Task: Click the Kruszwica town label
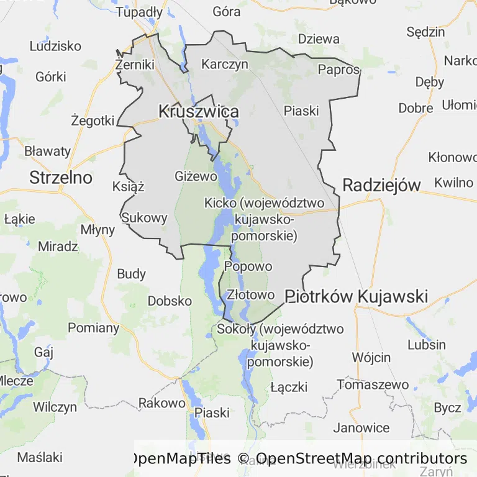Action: pyautogui.click(x=199, y=112)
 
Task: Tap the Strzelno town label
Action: pyautogui.click(x=61, y=178)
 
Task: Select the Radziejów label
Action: pyautogui.click(x=381, y=184)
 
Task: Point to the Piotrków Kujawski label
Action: pyautogui.click(x=356, y=296)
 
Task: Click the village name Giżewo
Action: pyautogui.click(x=196, y=176)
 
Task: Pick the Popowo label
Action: pyautogui.click(x=248, y=266)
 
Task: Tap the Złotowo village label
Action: pyautogui.click(x=251, y=294)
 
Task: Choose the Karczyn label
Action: pyautogui.click(x=225, y=64)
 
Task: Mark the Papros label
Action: pyautogui.click(x=339, y=70)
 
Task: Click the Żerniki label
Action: pyautogui.click(x=135, y=64)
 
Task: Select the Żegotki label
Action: pyautogui.click(x=93, y=120)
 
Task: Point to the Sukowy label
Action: pyautogui.click(x=145, y=218)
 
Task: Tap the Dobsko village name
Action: pyautogui.click(x=170, y=301)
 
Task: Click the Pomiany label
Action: pyautogui.click(x=93, y=328)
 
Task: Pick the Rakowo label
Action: pyautogui.click(x=161, y=402)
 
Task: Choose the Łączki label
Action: pyautogui.click(x=289, y=387)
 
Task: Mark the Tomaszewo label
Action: pyautogui.click(x=373, y=384)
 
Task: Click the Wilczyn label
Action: pyautogui.click(x=55, y=407)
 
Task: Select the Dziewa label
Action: pyautogui.click(x=319, y=39)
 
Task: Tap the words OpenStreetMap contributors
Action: pyautogui.click(x=361, y=458)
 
